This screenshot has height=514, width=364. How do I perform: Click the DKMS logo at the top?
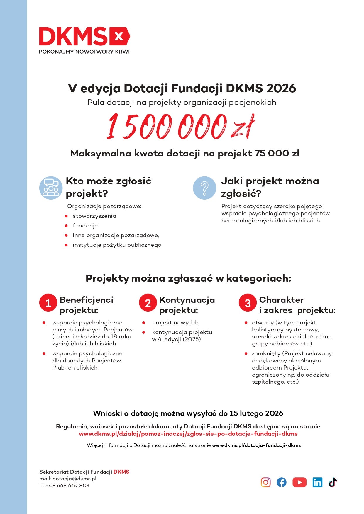(x=84, y=36)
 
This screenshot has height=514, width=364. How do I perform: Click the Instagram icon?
(x=266, y=482)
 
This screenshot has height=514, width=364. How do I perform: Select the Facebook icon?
(x=282, y=482)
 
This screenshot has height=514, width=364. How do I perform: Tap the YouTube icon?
(x=299, y=482)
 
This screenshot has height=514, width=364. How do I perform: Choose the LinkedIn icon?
(x=317, y=482)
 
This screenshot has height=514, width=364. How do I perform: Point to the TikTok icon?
(x=333, y=482)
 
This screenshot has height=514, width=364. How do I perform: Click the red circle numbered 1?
(x=48, y=303)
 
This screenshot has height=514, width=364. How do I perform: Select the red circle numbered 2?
(x=148, y=303)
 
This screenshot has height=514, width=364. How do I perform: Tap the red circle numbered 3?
(x=248, y=303)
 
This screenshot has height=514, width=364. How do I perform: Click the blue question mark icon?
(x=204, y=188)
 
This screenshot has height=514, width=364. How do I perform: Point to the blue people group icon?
(x=51, y=188)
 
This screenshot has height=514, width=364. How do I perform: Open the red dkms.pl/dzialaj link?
(x=188, y=434)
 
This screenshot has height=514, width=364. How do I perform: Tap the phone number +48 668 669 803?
(x=67, y=485)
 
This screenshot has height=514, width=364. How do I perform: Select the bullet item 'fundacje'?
(x=85, y=225)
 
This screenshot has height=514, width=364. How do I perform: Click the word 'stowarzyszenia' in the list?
(x=94, y=216)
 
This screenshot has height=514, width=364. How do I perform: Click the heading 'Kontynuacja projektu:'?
(x=187, y=305)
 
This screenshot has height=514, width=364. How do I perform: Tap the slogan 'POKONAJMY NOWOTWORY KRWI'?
(x=84, y=52)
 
